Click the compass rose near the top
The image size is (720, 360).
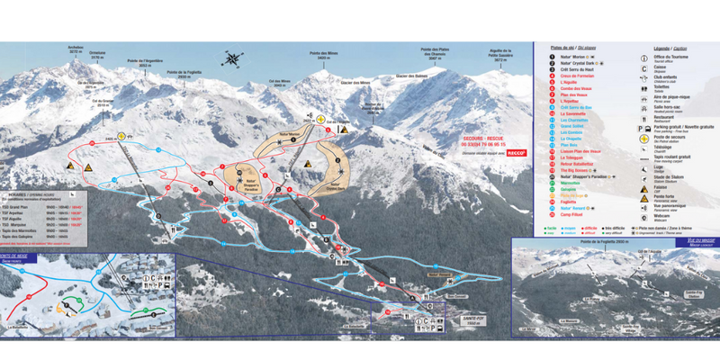tap(233, 60)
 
